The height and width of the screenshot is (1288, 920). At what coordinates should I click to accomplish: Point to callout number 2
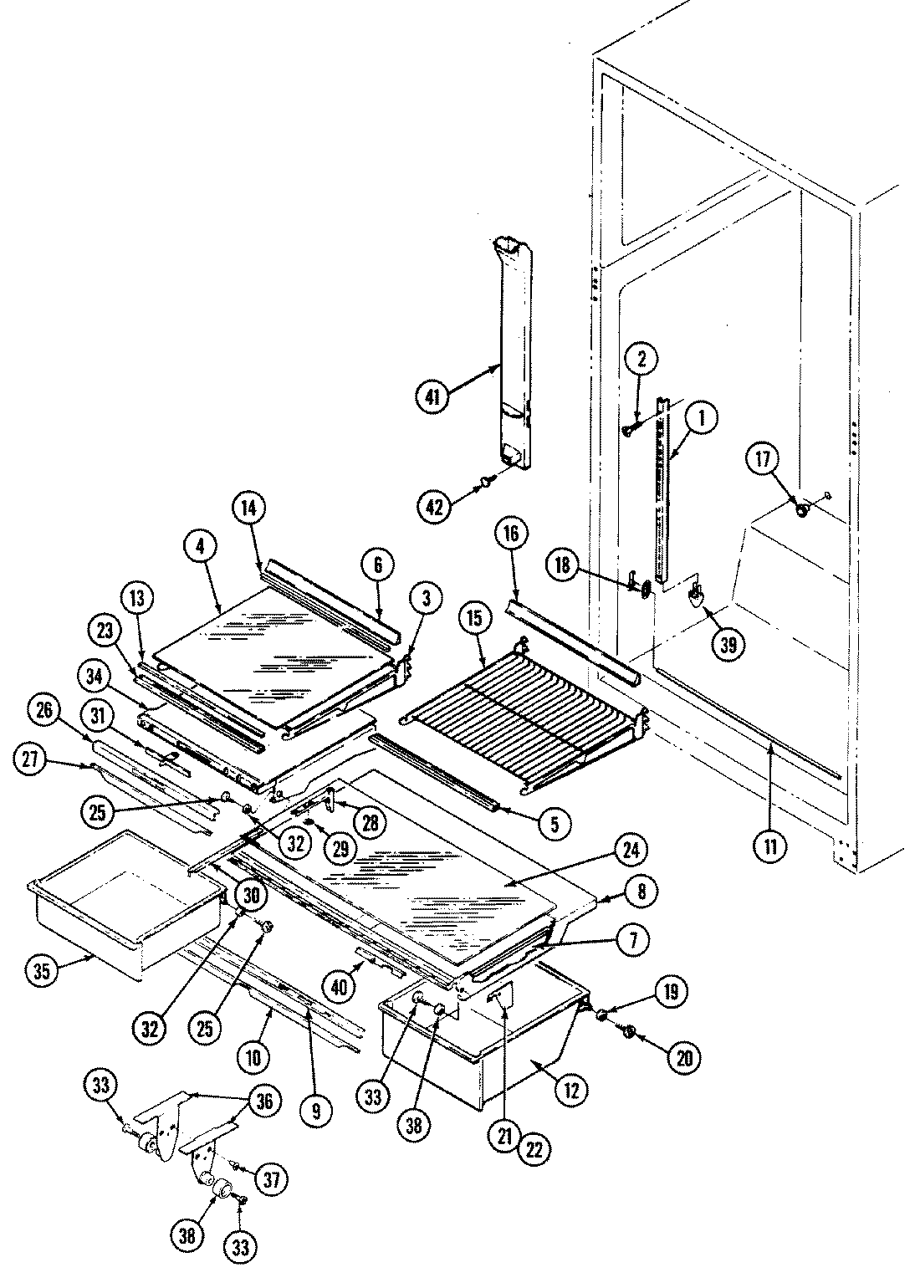641,360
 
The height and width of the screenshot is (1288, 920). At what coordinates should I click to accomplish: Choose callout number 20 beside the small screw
684,1058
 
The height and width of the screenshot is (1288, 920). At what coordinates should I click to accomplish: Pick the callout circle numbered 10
253,1056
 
